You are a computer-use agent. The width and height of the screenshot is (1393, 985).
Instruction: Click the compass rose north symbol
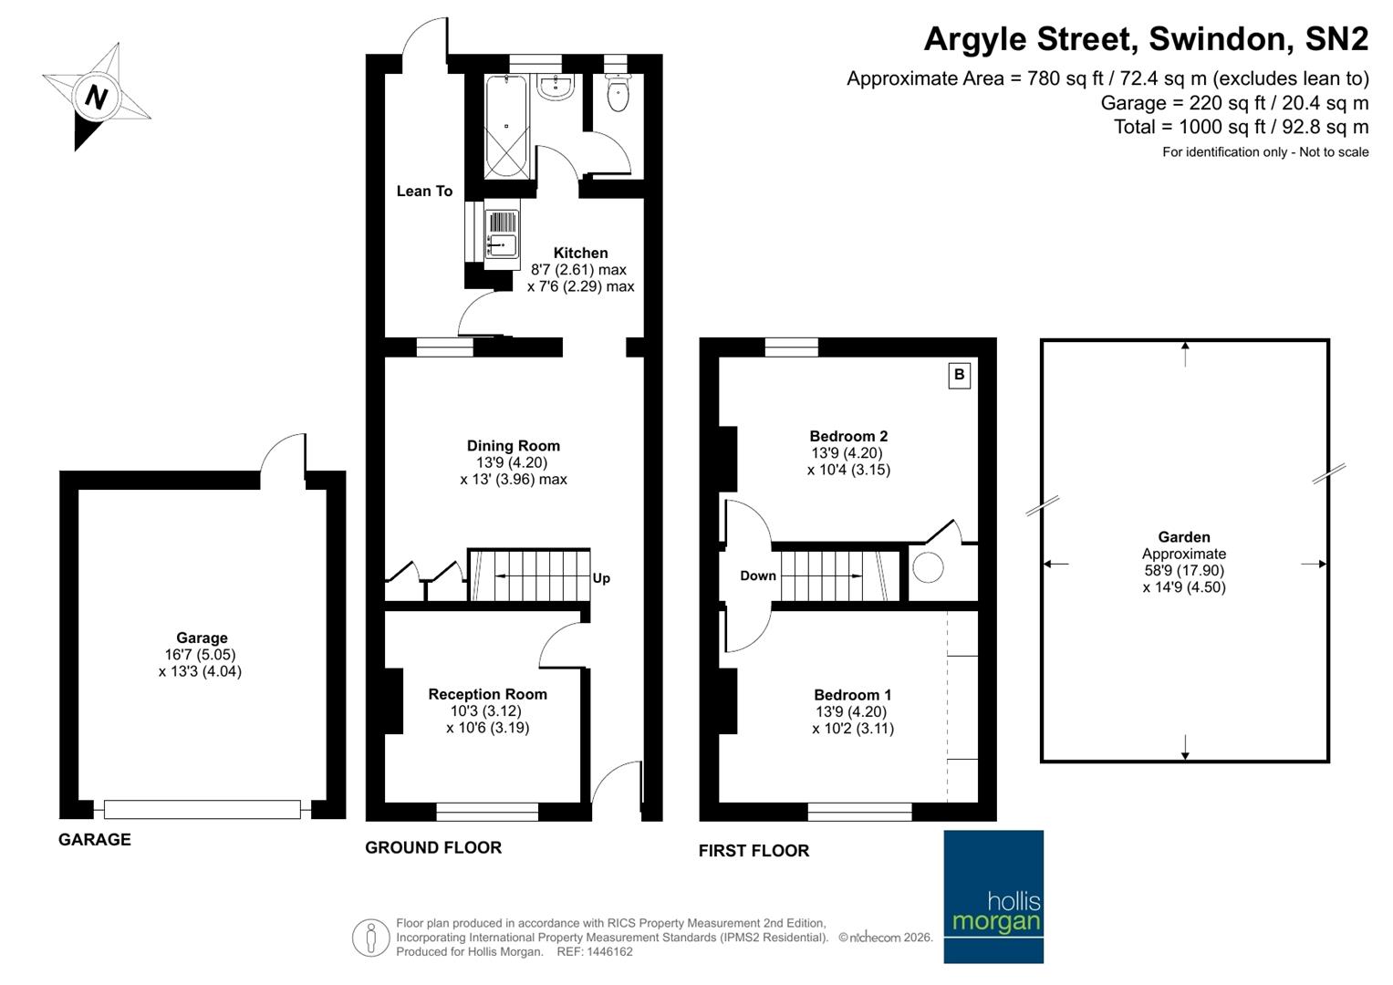point(96,96)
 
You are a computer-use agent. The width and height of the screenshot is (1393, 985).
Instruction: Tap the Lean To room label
point(424,191)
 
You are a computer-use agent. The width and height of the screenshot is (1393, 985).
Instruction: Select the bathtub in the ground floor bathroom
point(506,127)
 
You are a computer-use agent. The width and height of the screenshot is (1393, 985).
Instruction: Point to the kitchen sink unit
point(502,234)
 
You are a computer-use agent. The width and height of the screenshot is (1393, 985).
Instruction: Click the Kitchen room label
point(580,253)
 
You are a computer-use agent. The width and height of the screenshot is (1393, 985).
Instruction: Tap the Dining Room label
point(514,446)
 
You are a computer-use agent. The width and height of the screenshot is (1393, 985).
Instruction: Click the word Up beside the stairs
point(601,578)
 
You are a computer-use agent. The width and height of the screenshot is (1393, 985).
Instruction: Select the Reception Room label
point(487,694)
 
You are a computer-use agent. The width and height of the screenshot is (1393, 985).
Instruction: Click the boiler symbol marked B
point(959,375)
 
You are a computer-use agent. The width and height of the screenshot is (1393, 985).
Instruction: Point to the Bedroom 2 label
point(848,436)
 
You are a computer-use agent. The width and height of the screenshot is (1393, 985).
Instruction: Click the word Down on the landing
point(758,575)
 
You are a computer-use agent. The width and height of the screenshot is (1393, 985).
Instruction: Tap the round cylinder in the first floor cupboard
point(929,568)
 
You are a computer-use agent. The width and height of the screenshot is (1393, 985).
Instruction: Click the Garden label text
point(1184,537)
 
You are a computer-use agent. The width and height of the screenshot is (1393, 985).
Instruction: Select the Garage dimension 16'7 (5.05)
point(202,655)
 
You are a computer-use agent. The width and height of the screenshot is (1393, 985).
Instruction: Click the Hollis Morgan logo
point(993,897)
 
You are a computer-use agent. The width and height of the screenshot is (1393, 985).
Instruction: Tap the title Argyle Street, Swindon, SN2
point(1146,39)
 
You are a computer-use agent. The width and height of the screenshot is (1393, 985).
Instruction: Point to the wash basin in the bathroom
point(555,88)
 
